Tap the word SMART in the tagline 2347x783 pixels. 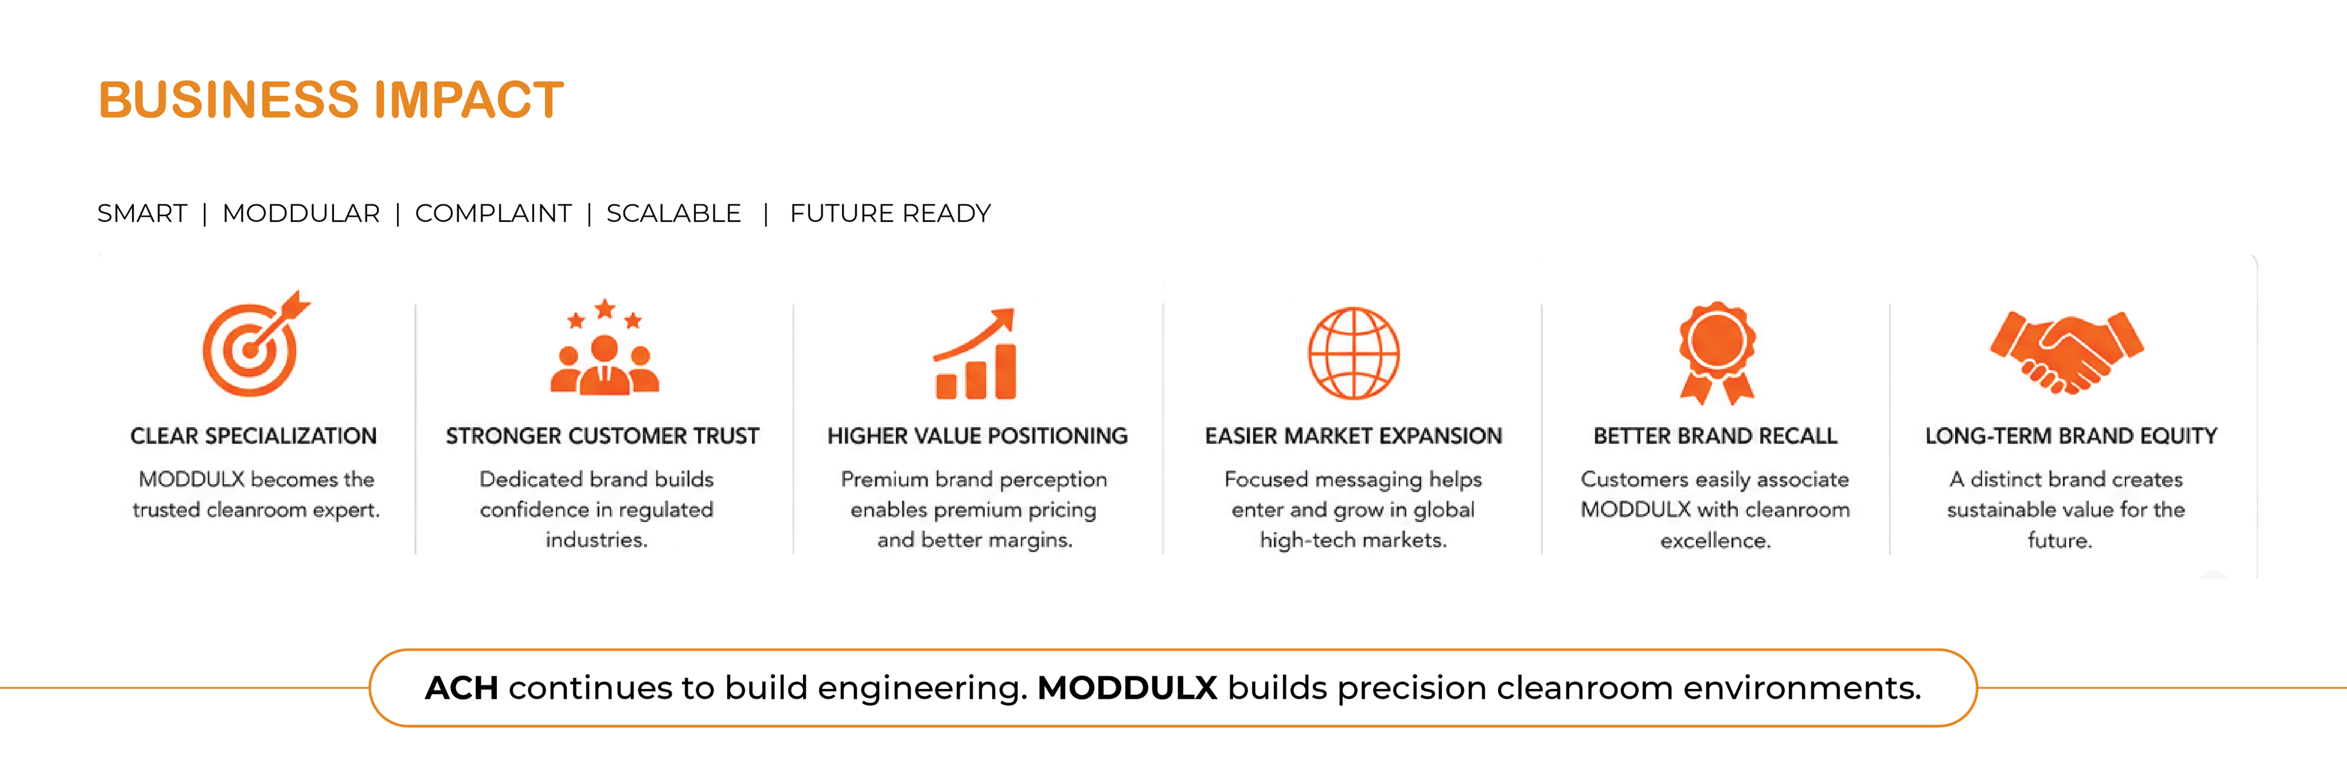[x=142, y=213]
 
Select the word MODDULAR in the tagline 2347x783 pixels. [x=301, y=213]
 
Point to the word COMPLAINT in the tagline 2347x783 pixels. [x=493, y=213]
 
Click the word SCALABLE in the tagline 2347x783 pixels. [x=673, y=213]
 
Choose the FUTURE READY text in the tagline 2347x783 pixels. [x=890, y=213]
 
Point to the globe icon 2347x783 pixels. [x=1354, y=353]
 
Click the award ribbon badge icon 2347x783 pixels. [x=1717, y=353]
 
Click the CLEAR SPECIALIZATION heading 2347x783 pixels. [x=253, y=436]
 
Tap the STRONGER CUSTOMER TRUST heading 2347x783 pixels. [x=602, y=436]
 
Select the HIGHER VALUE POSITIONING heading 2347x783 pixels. [x=977, y=436]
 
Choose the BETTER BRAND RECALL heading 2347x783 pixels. [x=1716, y=436]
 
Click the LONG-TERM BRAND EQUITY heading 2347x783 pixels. [x=2071, y=436]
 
